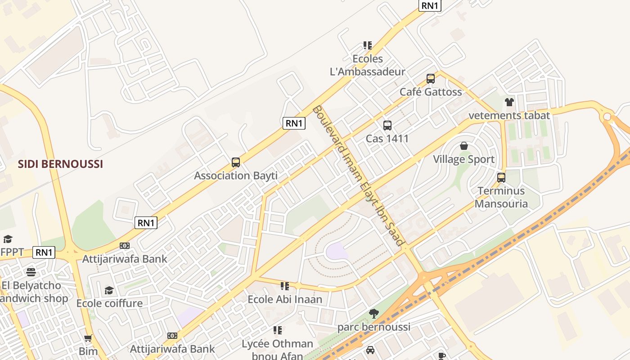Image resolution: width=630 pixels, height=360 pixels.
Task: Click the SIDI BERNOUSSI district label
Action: [x=60, y=164]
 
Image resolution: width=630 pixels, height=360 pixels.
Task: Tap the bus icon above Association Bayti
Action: [x=235, y=162]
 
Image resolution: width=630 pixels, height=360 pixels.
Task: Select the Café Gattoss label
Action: [x=431, y=92]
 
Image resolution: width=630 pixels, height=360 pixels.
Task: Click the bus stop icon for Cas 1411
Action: [x=387, y=126]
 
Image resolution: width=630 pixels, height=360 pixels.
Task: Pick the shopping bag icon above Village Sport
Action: [x=463, y=146]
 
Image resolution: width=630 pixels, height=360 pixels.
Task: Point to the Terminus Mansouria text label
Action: [x=501, y=197]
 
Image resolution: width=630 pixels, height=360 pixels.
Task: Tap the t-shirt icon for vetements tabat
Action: [x=509, y=102]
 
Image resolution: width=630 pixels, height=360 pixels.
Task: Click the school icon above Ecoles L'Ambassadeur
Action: [x=368, y=45]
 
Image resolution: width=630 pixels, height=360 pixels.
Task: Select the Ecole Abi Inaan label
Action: [x=285, y=299]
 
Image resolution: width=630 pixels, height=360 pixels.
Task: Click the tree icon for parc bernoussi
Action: [x=373, y=314]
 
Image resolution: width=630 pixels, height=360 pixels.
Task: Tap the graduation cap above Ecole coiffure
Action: [x=109, y=290]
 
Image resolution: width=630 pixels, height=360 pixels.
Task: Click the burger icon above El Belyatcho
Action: [x=31, y=272]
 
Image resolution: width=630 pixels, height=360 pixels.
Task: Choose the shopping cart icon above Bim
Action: [x=88, y=338]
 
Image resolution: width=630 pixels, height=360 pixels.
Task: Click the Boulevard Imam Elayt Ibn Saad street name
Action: [x=358, y=175]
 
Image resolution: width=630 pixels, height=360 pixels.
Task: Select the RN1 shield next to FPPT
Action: [x=44, y=252]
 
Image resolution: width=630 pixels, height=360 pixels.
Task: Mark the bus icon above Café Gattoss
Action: [x=431, y=79]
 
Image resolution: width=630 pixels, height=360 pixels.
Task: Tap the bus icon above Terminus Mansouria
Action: [x=501, y=177]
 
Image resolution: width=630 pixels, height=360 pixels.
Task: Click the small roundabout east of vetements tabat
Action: [x=607, y=117]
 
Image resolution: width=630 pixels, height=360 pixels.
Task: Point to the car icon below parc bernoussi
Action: [x=370, y=350]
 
